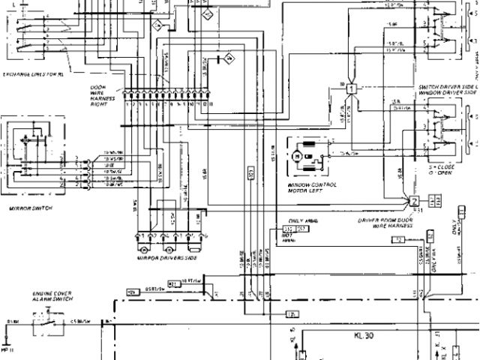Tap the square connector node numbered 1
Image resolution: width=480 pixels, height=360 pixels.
tap(350, 88)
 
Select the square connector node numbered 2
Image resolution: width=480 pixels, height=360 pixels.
tap(413, 200)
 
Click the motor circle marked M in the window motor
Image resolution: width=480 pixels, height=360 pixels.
tap(298, 155)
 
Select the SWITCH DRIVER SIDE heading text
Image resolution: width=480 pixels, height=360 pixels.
tap(448, 88)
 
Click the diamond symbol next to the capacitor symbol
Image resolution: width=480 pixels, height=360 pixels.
tap(231, 57)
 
